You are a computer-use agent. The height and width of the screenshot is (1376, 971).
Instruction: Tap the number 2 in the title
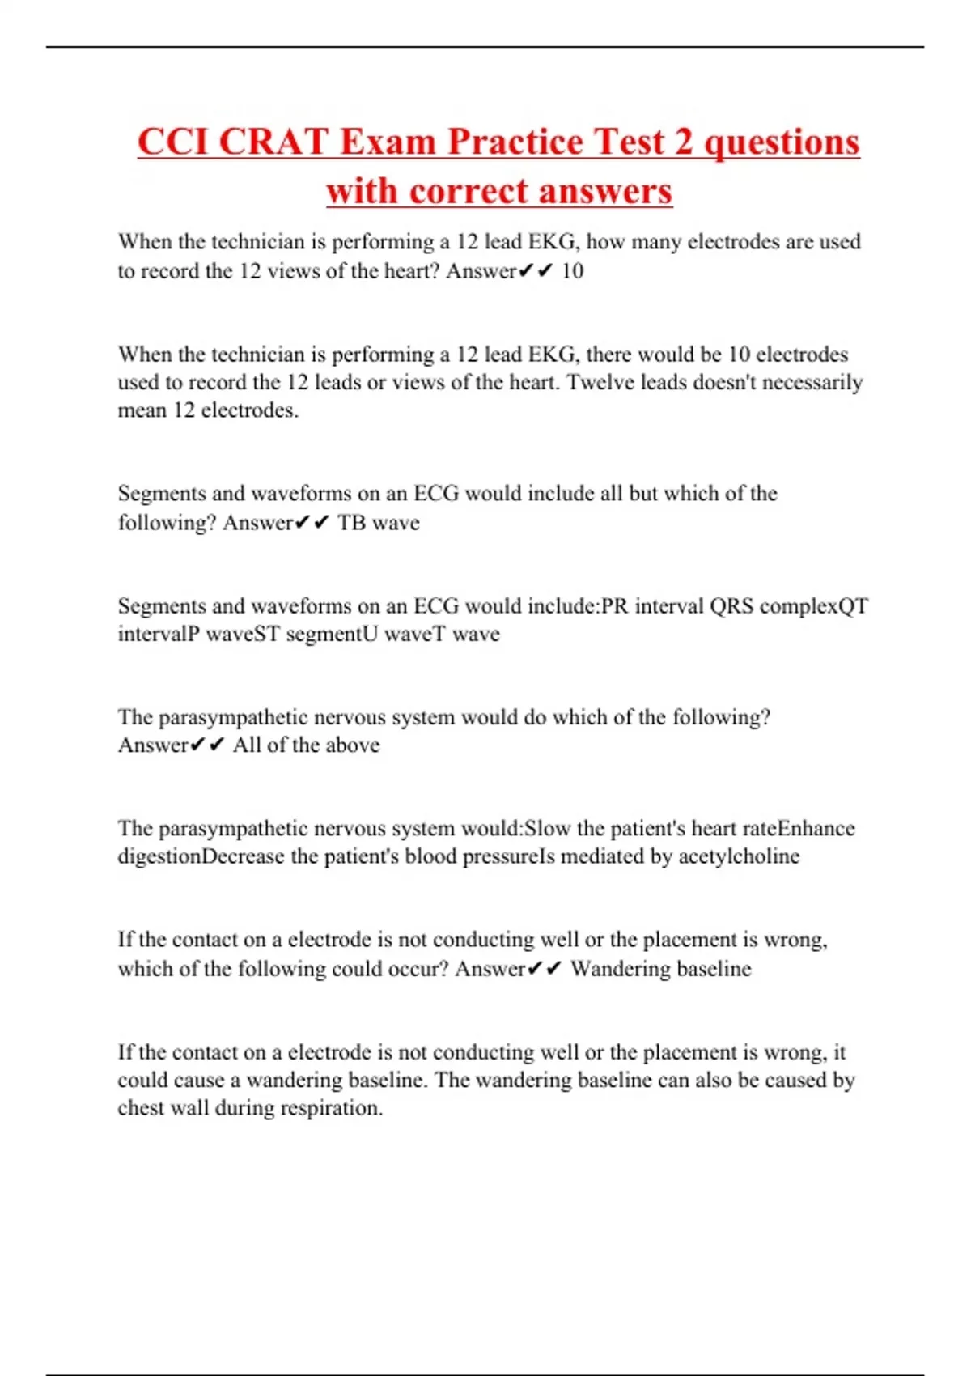click(684, 142)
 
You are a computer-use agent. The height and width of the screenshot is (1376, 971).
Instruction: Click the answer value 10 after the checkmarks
click(572, 271)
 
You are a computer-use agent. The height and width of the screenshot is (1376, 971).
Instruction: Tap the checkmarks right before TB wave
click(312, 523)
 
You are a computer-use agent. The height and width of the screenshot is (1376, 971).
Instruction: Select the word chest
click(140, 1108)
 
